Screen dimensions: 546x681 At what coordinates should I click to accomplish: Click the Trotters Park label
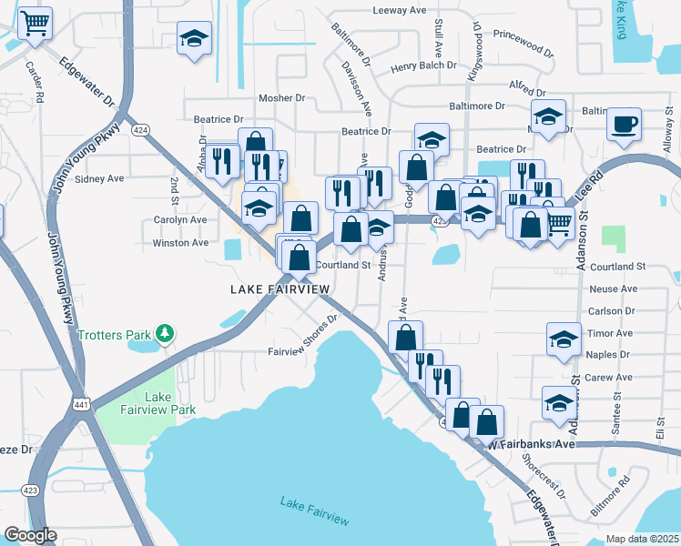[113, 335]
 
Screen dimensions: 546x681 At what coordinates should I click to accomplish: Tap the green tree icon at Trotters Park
[164, 334]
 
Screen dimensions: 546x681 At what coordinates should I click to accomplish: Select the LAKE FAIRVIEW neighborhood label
[280, 288]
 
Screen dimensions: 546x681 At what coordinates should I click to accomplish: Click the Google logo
[29, 535]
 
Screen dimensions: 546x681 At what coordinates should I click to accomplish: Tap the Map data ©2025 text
[642, 539]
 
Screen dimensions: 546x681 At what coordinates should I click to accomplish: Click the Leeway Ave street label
[400, 10]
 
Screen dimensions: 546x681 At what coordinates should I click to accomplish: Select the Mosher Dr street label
[281, 97]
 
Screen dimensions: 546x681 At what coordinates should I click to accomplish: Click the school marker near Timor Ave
[564, 339]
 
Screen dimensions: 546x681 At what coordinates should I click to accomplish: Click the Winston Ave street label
[180, 243]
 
